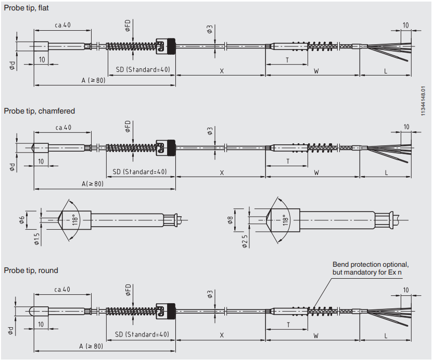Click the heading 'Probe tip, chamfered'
pos(40,111)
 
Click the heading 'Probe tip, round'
pos(31,270)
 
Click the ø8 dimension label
pos(230,219)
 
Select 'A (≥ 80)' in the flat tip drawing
pos(93,81)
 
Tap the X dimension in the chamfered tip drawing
pos(222,172)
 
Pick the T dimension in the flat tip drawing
pos(287,60)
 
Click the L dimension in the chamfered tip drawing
pos(386,172)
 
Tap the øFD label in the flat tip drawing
pos(128,27)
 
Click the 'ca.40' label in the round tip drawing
pos(62,289)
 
